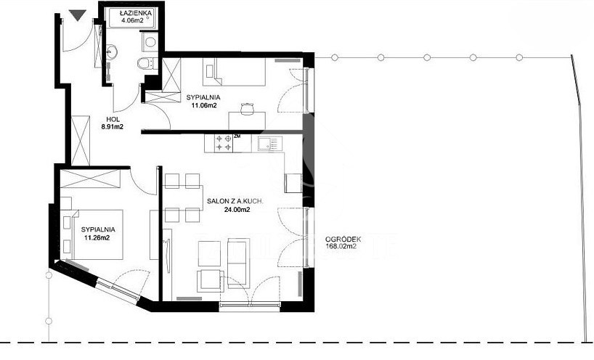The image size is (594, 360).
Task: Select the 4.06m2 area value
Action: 132,21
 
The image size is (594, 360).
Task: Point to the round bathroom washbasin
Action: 112,52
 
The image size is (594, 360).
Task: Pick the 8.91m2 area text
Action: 112,127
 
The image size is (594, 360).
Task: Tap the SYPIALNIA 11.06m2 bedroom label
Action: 203,102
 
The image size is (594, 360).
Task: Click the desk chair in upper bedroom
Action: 247,109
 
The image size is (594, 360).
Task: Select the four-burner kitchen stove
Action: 224,144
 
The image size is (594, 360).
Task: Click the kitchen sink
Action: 270,144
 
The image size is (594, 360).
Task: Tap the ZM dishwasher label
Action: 237,136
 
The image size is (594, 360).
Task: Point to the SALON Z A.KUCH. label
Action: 235,201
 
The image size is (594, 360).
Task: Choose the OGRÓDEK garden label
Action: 343,240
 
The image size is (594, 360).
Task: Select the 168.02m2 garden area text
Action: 341,247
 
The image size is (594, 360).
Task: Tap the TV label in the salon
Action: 165,241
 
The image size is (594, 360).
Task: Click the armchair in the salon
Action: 208,281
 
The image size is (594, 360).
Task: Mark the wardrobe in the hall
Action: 81,140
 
